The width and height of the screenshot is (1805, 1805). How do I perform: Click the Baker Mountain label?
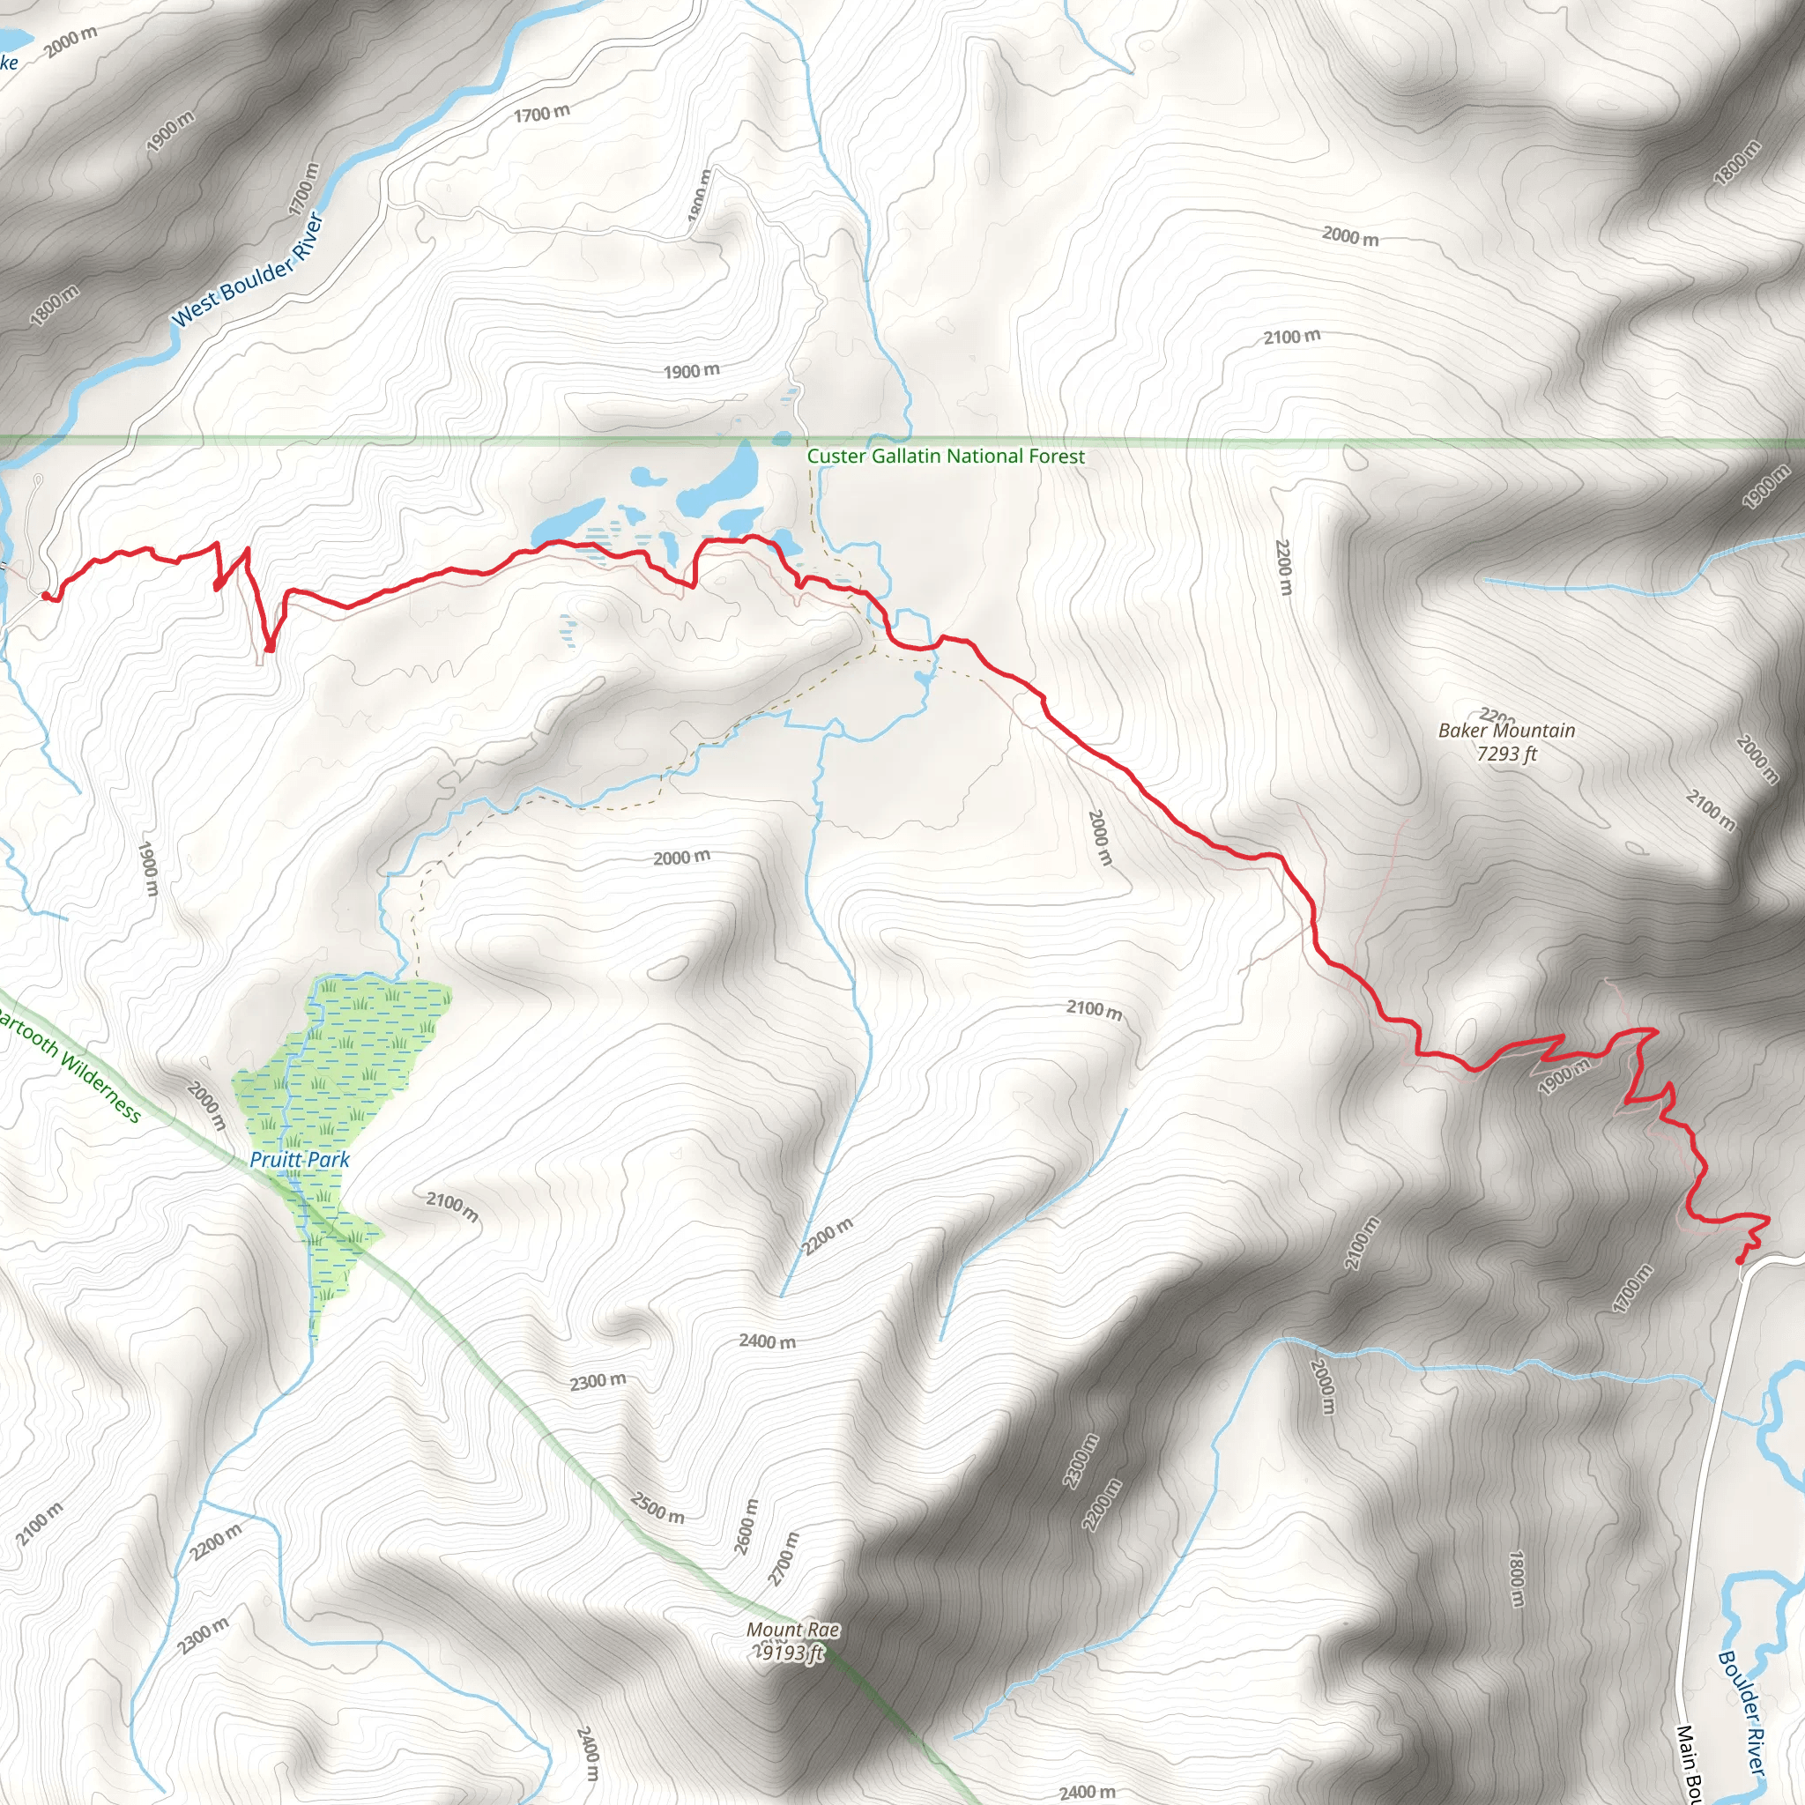click(x=1506, y=731)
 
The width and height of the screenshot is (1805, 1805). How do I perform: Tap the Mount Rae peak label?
click(x=792, y=1630)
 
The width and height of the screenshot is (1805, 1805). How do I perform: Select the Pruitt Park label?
click(x=299, y=1160)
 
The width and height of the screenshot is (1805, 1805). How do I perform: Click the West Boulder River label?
click(x=248, y=270)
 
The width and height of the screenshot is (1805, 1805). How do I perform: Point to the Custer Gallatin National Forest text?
click(x=946, y=456)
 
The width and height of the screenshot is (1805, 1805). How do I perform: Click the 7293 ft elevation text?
click(x=1506, y=754)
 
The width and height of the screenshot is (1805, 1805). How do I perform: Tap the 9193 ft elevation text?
click(x=791, y=1653)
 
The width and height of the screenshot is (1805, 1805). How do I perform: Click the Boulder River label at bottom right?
click(x=1742, y=1712)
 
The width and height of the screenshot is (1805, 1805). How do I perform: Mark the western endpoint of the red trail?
click(x=45, y=595)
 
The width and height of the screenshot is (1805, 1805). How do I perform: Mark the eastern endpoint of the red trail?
click(x=1740, y=1260)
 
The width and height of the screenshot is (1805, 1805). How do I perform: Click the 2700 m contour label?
click(x=783, y=1559)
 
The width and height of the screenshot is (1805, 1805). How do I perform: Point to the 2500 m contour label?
click(x=657, y=1507)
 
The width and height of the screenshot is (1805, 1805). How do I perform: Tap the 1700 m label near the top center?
click(x=541, y=113)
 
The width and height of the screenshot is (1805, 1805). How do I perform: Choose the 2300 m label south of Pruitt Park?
click(x=598, y=1381)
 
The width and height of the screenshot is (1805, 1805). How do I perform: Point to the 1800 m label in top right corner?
click(x=1738, y=161)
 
